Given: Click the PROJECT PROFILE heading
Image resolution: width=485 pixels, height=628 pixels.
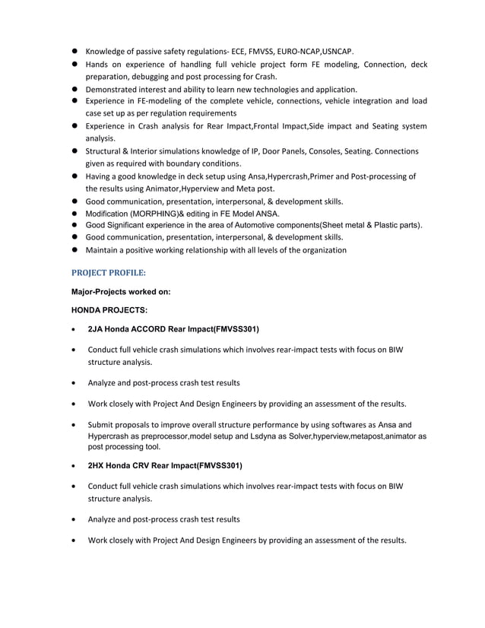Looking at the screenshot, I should click(x=108, y=271).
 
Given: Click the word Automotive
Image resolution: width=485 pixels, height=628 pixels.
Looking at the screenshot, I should click(x=261, y=226).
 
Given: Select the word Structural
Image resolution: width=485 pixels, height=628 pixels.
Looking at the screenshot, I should click(x=106, y=151).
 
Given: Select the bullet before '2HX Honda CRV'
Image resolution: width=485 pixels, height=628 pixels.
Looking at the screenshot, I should click(x=71, y=465).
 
